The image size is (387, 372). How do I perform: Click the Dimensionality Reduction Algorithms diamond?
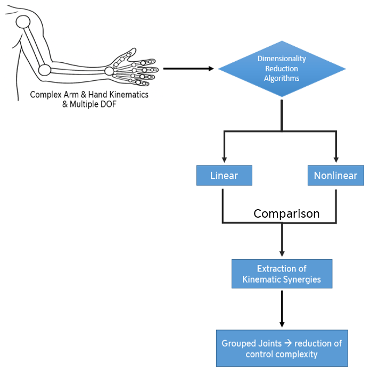coord(282,68)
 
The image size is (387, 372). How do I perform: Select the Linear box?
coord(224,175)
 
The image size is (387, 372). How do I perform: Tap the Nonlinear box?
coord(335,175)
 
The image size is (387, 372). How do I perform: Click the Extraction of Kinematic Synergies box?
coord(282,274)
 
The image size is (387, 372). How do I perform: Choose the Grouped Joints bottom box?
coord(282,349)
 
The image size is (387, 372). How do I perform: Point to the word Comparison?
coord(286,213)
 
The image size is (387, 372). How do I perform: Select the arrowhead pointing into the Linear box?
coord(224,159)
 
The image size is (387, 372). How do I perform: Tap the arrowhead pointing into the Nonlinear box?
coord(335,159)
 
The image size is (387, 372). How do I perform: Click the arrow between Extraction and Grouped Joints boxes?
coord(282,309)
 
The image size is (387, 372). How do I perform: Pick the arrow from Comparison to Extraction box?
coord(282,239)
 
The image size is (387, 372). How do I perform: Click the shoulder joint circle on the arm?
coord(23,22)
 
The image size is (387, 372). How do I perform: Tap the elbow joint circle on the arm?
coord(45,69)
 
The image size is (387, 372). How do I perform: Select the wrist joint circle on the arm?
coord(109,71)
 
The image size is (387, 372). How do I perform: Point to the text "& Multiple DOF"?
coord(89,103)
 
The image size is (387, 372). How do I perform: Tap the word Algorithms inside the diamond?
coord(282,78)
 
